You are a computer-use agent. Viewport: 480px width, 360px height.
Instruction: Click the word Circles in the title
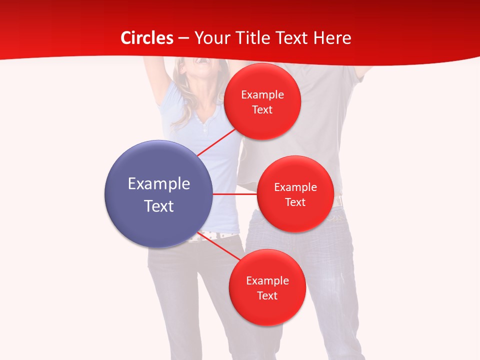(147, 38)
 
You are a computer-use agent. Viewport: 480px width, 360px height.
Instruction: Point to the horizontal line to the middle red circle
(234, 194)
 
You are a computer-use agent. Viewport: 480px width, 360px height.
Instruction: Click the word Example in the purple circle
(159, 184)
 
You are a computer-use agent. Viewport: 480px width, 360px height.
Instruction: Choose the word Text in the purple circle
(159, 206)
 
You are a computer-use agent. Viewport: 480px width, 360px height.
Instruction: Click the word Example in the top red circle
(262, 95)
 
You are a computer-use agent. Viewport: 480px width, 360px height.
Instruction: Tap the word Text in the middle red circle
(295, 202)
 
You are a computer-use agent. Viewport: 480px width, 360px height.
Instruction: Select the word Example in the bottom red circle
(267, 280)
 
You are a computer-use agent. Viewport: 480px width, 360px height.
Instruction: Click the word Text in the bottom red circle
(267, 295)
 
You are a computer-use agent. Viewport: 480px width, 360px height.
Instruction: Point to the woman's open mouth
(201, 60)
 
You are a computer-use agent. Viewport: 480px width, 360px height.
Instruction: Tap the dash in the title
(183, 38)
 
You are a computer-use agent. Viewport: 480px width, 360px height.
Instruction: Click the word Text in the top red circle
(262, 109)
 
